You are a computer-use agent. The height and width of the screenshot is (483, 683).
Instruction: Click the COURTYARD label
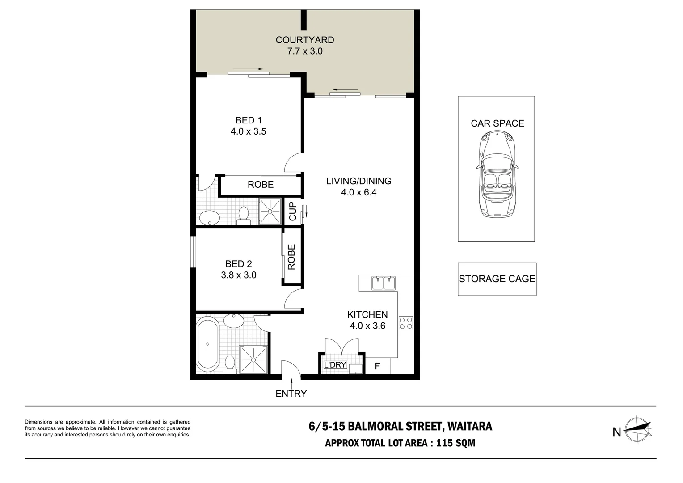(304, 40)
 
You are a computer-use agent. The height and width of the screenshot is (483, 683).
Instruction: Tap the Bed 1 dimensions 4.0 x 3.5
(248, 131)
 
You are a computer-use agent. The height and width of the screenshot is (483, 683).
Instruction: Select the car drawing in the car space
(497, 174)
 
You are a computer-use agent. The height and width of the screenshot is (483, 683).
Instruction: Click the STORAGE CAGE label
(497, 279)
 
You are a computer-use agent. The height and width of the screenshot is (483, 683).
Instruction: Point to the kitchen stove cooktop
(406, 323)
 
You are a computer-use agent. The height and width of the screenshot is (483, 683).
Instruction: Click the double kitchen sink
(383, 283)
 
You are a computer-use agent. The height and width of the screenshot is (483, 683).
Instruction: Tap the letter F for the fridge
(377, 366)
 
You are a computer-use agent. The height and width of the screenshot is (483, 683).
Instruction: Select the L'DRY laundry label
(335, 364)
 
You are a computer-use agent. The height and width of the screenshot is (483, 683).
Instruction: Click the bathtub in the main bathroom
(208, 344)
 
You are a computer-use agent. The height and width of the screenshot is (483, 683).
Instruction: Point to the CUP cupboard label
(292, 211)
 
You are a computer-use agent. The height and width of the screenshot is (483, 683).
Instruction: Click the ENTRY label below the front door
(291, 394)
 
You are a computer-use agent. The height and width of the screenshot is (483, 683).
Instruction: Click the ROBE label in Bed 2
(291, 257)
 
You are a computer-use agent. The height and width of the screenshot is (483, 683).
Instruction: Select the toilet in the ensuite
(244, 216)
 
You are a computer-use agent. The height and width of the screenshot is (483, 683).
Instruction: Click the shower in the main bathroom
(253, 360)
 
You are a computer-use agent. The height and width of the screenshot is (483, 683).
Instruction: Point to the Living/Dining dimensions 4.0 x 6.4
(358, 192)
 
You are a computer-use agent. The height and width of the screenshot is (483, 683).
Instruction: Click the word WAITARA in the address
(469, 426)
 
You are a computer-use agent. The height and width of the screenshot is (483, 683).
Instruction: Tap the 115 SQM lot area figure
(455, 443)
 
